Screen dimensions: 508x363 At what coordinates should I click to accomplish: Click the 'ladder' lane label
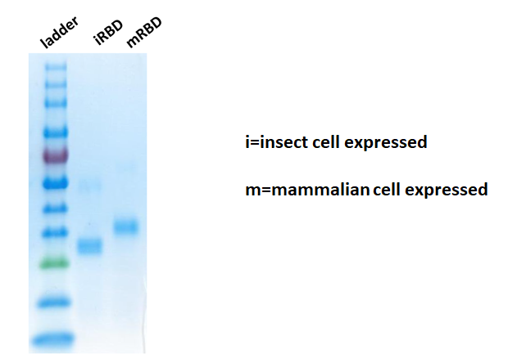[x=59, y=33]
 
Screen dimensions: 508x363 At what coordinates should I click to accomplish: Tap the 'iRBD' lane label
[x=108, y=33]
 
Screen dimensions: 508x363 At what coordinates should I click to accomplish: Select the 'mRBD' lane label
[x=144, y=33]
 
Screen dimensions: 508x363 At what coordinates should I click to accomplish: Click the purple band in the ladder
[x=56, y=155]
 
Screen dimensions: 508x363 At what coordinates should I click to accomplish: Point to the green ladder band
[x=54, y=264]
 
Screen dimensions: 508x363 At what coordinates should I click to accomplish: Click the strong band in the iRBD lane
[x=90, y=246]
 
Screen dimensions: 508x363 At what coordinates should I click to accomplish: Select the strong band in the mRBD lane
[x=126, y=226]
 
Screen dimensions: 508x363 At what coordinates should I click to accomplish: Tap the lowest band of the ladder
[x=53, y=340]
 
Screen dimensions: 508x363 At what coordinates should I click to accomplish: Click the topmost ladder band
[x=56, y=67]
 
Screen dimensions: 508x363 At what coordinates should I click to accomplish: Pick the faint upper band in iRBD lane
[x=90, y=186]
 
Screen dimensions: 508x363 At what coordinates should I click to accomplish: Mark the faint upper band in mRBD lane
[x=127, y=168]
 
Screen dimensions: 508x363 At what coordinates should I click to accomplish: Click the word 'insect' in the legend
[x=283, y=142]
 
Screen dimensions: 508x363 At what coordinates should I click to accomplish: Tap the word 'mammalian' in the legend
[x=320, y=190]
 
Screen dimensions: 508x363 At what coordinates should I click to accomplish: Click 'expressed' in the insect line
[x=386, y=142]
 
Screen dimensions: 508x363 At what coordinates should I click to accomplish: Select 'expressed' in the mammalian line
[x=447, y=190]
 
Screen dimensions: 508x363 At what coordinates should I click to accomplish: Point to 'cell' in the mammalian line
[x=387, y=189]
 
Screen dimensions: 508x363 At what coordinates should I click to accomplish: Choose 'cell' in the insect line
[x=325, y=142]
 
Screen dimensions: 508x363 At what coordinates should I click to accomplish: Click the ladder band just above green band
[x=56, y=232]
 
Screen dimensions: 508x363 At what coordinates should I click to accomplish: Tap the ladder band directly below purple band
[x=56, y=184]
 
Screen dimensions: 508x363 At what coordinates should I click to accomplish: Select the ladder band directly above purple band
[x=56, y=132]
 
